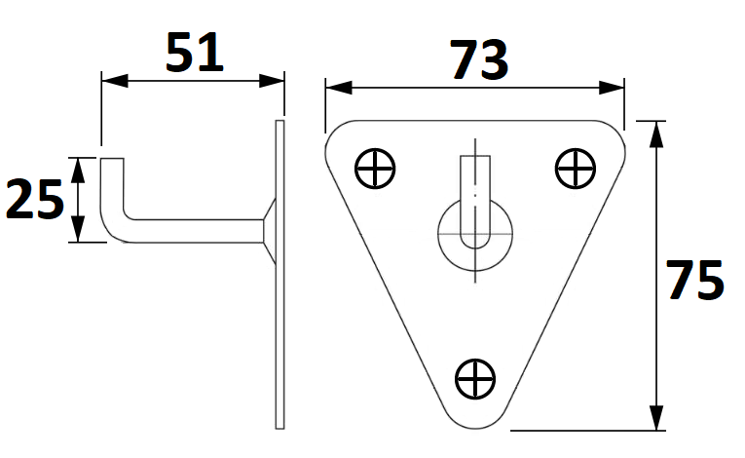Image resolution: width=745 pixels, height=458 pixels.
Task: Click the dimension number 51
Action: coord(195,52)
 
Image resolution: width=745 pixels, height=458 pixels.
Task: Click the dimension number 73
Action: coord(479,59)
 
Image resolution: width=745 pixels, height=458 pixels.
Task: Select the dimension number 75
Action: coord(695,280)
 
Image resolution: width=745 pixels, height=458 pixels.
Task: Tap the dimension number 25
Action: coord(35,199)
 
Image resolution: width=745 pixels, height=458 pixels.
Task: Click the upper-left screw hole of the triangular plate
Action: coord(375,169)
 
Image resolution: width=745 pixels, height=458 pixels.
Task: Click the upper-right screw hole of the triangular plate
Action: coord(576,169)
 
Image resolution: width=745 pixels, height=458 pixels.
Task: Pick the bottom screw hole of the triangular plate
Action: coord(475,379)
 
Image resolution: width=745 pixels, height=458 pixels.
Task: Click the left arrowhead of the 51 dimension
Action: coord(115,80)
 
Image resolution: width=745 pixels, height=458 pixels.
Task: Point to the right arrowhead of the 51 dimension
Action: coord(272,80)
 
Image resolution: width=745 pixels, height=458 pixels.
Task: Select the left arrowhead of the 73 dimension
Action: coord(339,88)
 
